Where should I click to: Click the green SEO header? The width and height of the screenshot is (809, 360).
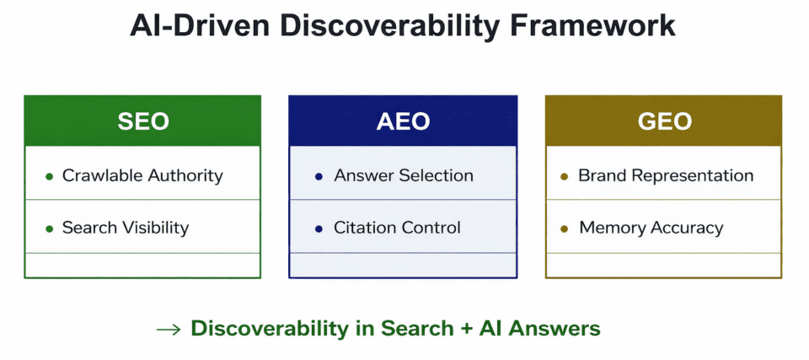(x=142, y=121)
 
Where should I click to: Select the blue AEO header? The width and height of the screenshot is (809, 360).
(x=403, y=121)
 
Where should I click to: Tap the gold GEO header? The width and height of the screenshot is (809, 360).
(x=664, y=121)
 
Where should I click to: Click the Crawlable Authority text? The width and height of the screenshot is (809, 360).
(x=142, y=175)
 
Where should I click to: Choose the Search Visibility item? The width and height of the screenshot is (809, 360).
(x=126, y=228)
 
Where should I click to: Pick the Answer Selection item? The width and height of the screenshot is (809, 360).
(x=403, y=175)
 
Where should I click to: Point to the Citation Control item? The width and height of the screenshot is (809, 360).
(x=397, y=228)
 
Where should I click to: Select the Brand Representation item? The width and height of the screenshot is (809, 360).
(x=666, y=175)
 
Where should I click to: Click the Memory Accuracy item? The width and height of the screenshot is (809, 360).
(x=651, y=228)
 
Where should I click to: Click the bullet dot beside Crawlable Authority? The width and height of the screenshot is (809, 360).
(x=50, y=176)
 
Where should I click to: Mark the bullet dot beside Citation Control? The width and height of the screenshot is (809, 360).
(x=319, y=228)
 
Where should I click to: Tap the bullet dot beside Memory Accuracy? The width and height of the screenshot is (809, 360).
(x=564, y=228)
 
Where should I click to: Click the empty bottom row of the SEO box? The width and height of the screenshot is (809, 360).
(x=142, y=265)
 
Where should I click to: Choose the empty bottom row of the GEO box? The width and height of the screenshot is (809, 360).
(x=664, y=265)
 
